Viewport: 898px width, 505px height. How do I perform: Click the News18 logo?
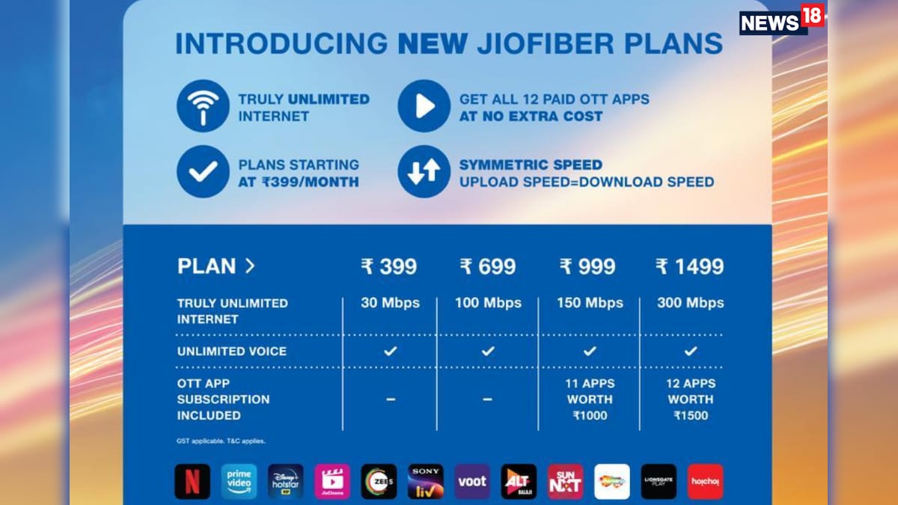(x=781, y=19)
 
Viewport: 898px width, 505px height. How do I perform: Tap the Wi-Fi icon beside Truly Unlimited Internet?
(x=203, y=106)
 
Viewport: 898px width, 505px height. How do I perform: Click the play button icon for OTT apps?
(x=424, y=106)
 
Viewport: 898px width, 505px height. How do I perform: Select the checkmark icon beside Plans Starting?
(x=203, y=172)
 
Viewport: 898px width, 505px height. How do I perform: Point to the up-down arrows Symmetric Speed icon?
(x=424, y=172)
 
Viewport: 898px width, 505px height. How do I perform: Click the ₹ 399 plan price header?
(x=389, y=266)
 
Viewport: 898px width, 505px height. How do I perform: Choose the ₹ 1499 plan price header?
(x=690, y=266)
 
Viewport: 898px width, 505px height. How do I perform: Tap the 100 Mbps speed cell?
(x=488, y=303)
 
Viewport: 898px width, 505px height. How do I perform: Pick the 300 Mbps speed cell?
(x=690, y=303)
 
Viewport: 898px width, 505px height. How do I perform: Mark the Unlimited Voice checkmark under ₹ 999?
(x=590, y=351)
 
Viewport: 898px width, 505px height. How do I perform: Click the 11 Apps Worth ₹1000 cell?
(x=590, y=400)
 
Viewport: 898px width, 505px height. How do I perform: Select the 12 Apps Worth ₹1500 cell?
(x=690, y=400)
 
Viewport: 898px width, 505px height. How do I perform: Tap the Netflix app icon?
(x=192, y=482)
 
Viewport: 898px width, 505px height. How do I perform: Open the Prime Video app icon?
(x=239, y=482)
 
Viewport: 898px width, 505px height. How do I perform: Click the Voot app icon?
(x=472, y=482)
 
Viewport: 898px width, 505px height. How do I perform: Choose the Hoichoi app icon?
(x=705, y=482)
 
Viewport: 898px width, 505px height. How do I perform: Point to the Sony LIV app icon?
(x=425, y=482)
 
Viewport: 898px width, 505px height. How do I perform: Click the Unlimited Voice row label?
(x=231, y=351)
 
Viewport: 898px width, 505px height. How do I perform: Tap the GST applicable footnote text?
(x=221, y=441)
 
